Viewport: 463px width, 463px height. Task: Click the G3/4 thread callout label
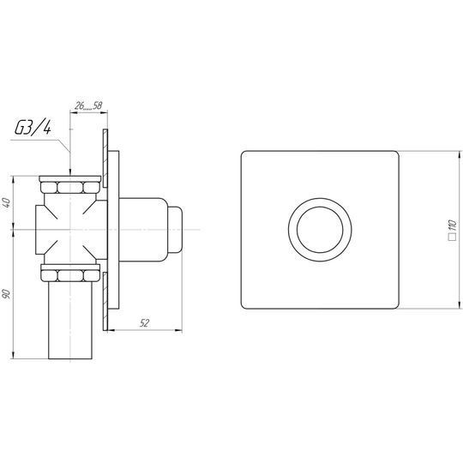point(33,128)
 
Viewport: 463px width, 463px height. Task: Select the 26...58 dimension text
point(88,105)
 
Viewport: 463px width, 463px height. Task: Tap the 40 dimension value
point(7,203)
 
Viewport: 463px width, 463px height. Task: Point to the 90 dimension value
point(7,294)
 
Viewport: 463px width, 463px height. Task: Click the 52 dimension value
point(144,323)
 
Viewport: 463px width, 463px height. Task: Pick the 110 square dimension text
point(453,225)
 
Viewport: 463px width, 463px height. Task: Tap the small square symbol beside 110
point(453,238)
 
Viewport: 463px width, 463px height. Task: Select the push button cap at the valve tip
point(175,230)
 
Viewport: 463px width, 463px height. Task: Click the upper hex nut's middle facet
point(69,188)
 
